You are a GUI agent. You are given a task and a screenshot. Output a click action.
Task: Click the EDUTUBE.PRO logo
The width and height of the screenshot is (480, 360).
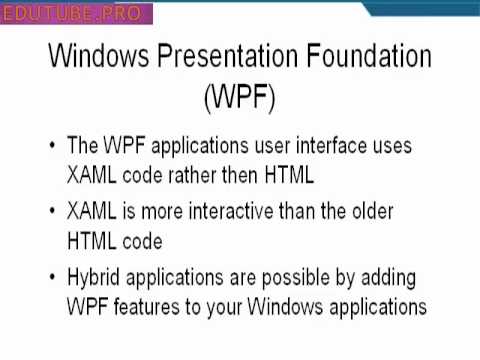78,14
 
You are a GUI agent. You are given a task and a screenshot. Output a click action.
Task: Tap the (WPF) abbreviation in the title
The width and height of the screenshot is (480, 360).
239,99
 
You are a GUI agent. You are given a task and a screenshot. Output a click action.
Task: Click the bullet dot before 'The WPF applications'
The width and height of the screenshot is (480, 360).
52,146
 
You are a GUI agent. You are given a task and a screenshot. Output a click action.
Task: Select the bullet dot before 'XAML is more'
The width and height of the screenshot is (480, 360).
52,212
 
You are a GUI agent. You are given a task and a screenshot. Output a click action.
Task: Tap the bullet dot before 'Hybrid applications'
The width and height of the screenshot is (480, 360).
52,277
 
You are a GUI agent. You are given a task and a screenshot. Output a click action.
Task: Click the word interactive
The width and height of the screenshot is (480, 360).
214,211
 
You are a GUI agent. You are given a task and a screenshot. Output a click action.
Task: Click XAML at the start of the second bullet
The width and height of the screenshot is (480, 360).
93,211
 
